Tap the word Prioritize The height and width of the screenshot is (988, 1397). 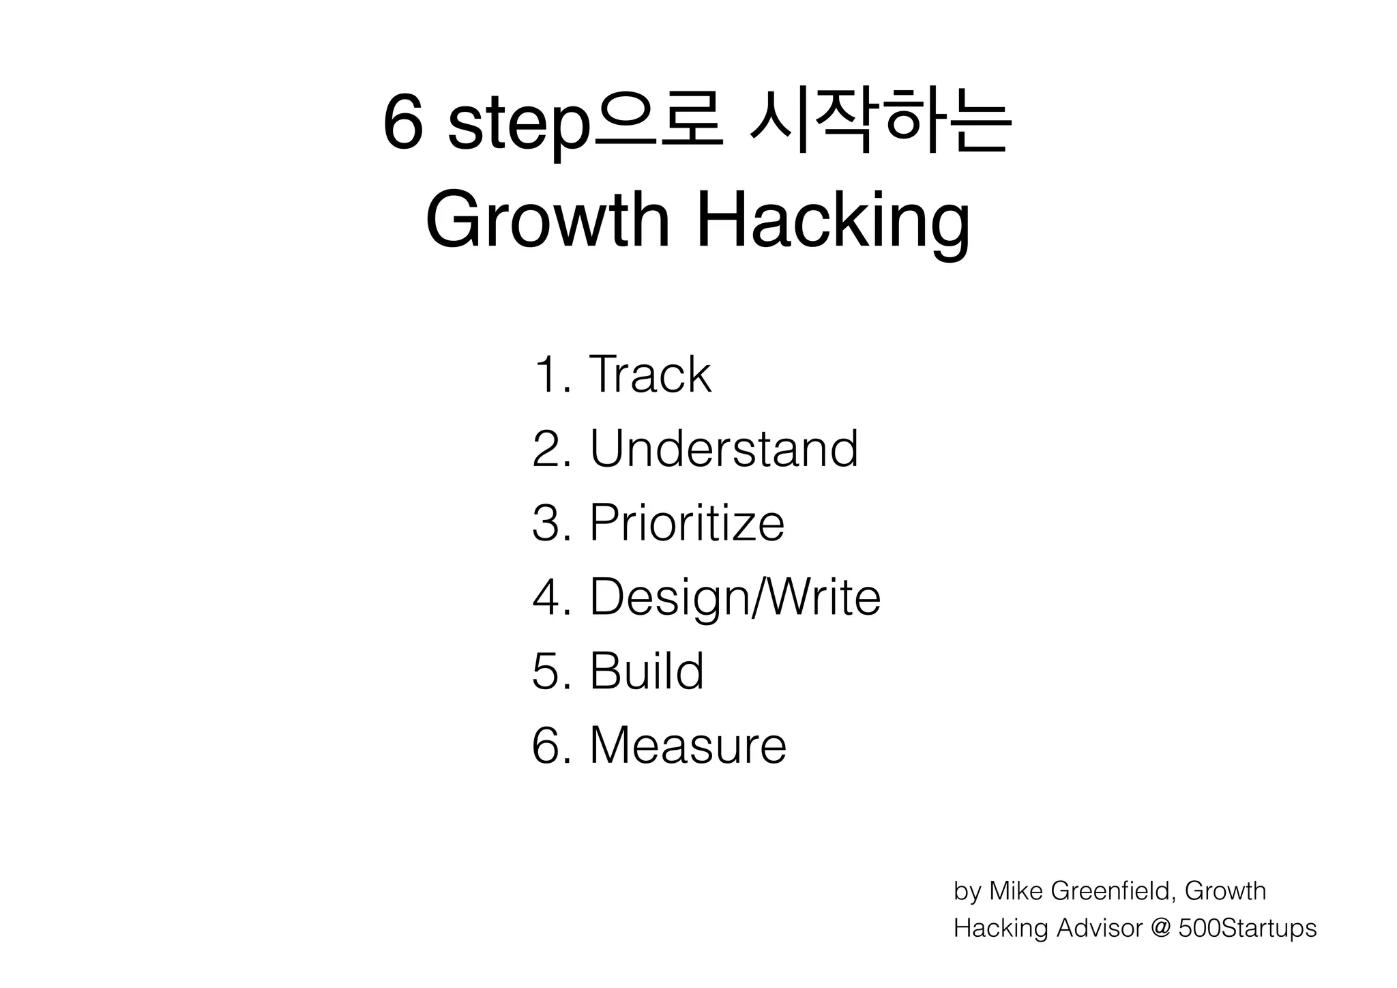(687, 523)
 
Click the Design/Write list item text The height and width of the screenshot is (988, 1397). (735, 597)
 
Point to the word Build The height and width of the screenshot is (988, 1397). (646, 671)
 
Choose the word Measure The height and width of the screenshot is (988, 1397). (688, 745)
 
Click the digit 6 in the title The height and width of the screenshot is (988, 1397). (402, 124)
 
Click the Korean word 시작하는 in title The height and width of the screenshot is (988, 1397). (880, 124)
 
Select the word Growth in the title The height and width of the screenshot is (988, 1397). (548, 222)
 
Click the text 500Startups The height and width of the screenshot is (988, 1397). (1247, 929)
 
